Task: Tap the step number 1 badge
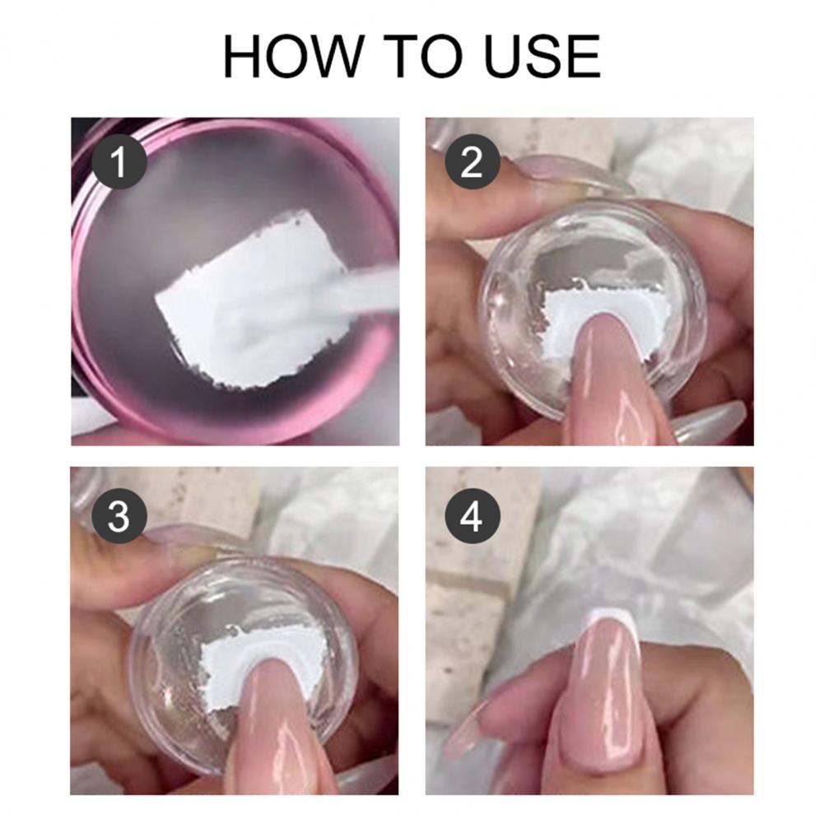pos(119,162)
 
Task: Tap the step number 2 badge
pos(472,162)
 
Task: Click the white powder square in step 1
pos(247,300)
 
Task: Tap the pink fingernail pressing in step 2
pos(615,379)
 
